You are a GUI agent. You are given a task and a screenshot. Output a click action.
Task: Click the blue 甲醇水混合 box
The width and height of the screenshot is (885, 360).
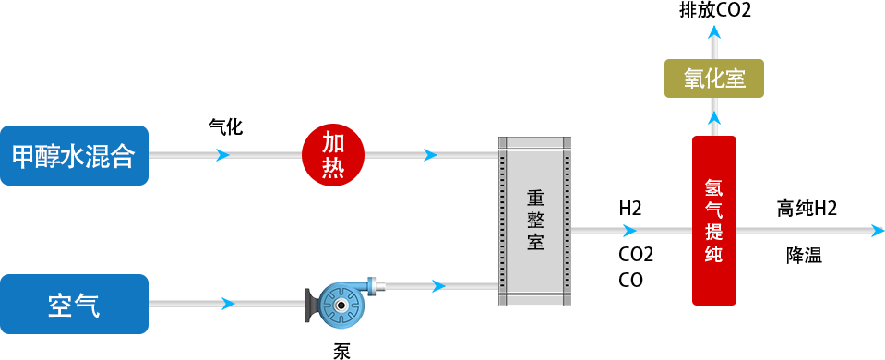tap(74, 155)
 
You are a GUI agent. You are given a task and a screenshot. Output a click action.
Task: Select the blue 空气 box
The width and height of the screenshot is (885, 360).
tap(74, 304)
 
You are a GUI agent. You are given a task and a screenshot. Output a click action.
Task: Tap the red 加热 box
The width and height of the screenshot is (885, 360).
tap(333, 155)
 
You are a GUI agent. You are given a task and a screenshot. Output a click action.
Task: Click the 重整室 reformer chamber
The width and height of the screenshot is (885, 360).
tap(534, 222)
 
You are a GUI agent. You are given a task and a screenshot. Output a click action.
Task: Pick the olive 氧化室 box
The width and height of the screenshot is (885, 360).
tap(714, 78)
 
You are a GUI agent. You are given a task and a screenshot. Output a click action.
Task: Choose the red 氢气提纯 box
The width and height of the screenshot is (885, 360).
tap(713, 220)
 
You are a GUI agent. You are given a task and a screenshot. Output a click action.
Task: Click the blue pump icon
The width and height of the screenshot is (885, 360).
tap(338, 302)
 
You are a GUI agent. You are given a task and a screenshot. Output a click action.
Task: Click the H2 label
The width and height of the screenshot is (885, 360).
tap(630, 208)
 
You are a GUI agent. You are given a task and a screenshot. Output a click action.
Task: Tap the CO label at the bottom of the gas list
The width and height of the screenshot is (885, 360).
tap(630, 280)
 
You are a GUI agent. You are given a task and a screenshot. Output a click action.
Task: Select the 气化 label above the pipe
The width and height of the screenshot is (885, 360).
tap(225, 126)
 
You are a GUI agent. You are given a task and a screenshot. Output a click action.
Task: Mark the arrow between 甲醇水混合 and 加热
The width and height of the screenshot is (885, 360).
tap(222, 155)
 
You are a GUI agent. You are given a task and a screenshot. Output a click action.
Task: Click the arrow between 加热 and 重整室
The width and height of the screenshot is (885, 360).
tap(430, 155)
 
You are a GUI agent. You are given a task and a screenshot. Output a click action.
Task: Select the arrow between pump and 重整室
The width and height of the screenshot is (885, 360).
tap(440, 286)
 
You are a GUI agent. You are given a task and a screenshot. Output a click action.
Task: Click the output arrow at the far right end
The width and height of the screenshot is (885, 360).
tap(878, 230)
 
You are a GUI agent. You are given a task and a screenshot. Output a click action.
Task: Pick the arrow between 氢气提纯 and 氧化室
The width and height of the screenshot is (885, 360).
tap(714, 117)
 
